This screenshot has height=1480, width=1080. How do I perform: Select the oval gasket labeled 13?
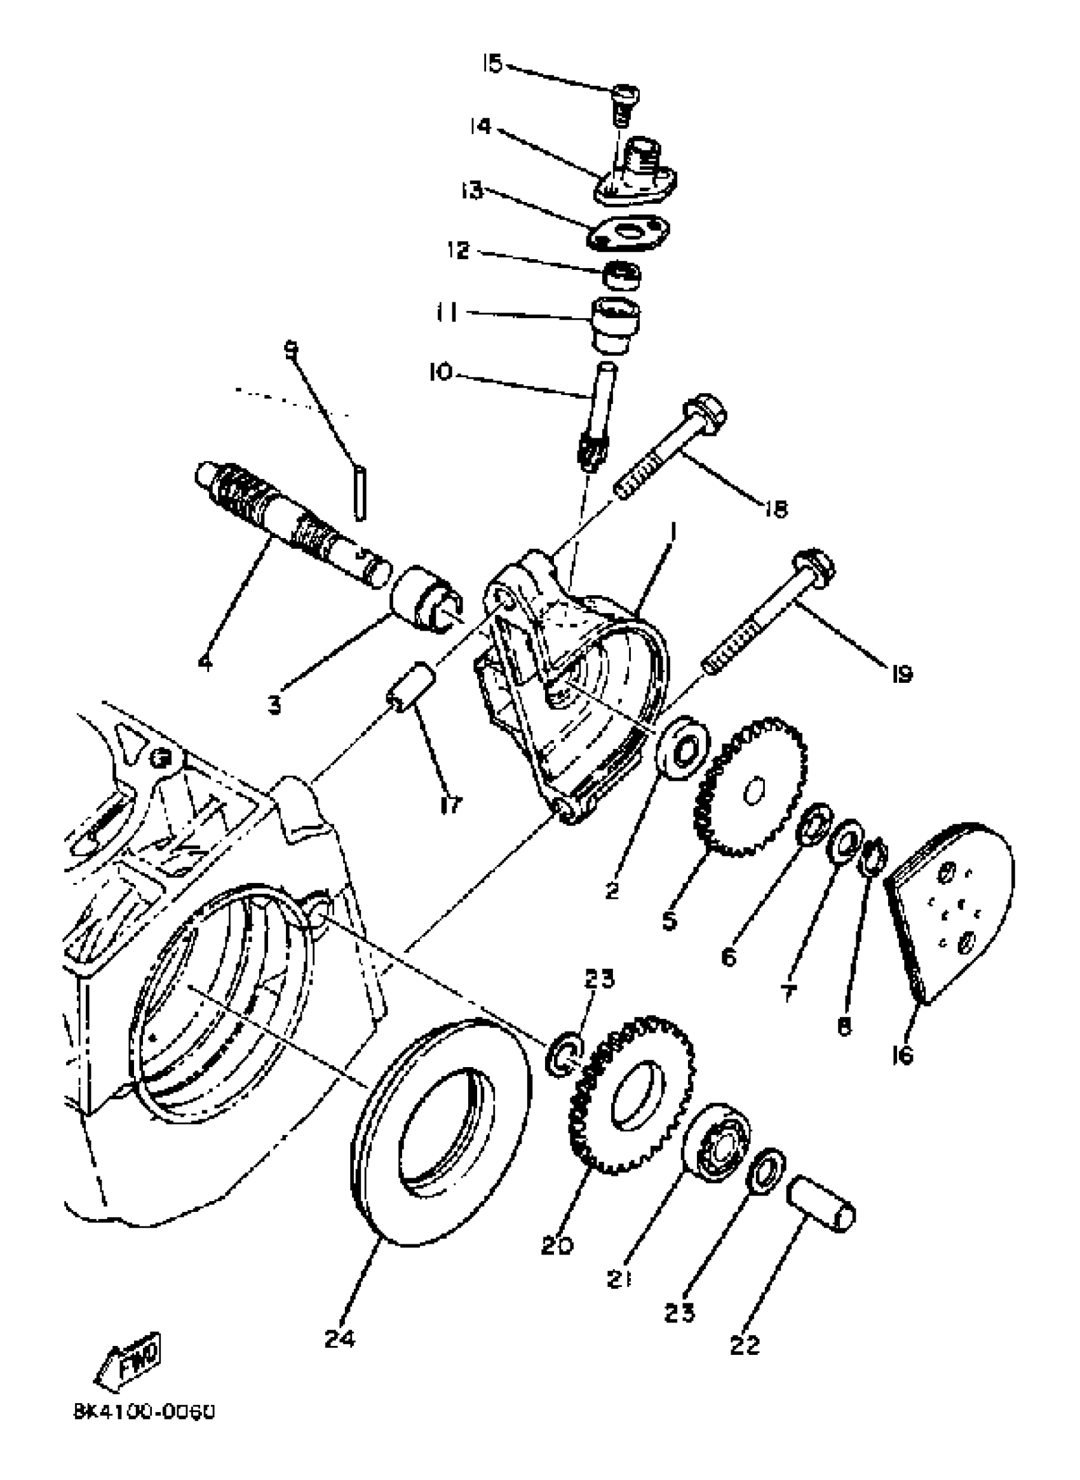tap(628, 232)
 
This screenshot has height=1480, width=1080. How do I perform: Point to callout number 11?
tap(447, 313)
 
